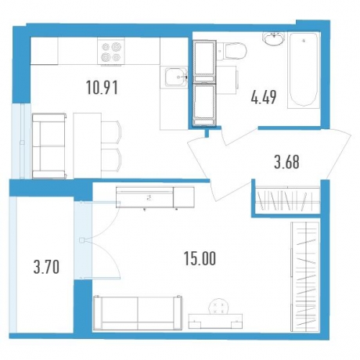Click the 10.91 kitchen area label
click(x=102, y=88)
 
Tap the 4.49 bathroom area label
click(x=264, y=97)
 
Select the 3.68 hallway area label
click(x=286, y=162)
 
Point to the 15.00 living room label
click(x=200, y=258)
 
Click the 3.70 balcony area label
click(x=46, y=268)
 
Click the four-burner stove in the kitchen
click(x=111, y=51)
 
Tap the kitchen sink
click(x=176, y=77)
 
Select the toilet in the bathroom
click(x=232, y=52)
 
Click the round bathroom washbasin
click(x=273, y=39)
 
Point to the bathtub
click(x=304, y=70)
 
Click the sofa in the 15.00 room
click(x=138, y=313)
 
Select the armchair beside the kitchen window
click(x=49, y=146)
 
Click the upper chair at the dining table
click(x=111, y=132)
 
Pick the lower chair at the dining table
click(x=111, y=160)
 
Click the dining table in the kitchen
click(x=87, y=146)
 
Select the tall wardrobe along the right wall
click(x=305, y=276)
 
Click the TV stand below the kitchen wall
click(x=155, y=197)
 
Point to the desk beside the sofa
click(x=215, y=321)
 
